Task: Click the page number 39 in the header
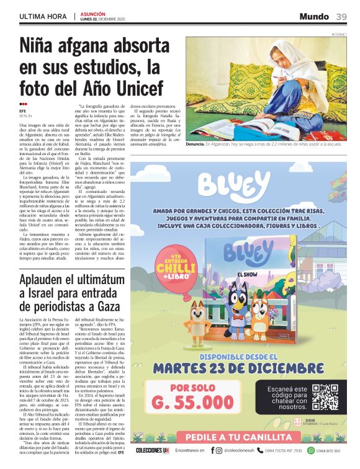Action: coord(341,16)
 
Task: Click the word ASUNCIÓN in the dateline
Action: coord(92,13)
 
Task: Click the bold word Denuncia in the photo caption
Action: coord(199,143)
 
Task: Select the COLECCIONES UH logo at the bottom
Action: coord(153,451)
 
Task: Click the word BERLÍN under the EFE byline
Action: coord(25,116)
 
